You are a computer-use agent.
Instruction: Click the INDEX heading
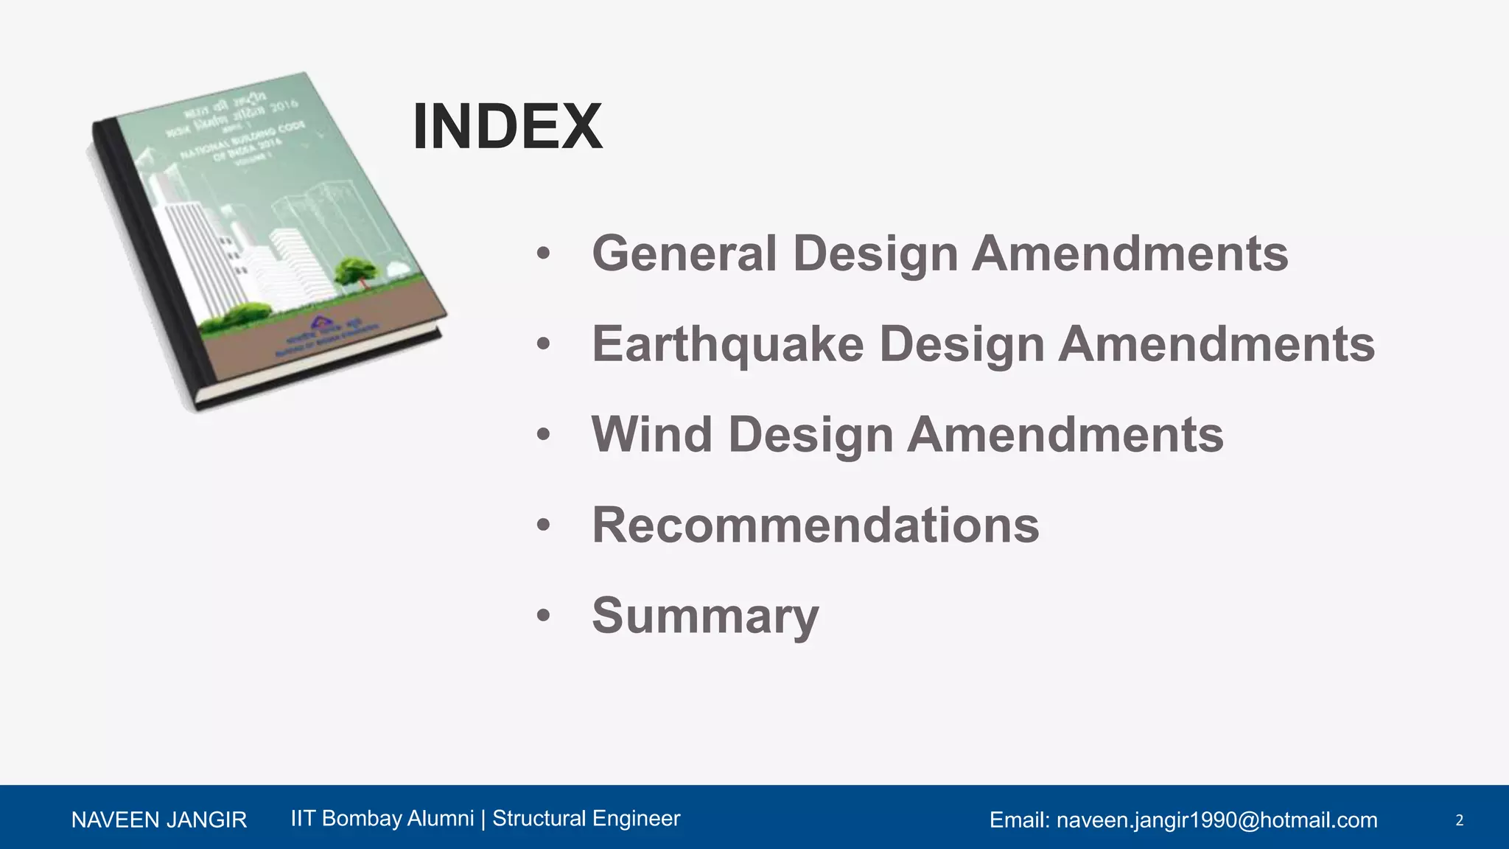click(508, 127)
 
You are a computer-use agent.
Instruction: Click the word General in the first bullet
click(684, 254)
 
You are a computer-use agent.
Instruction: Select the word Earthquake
click(727, 344)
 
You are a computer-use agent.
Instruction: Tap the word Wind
click(651, 435)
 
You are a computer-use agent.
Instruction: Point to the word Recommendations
click(815, 525)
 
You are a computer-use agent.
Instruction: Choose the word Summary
click(704, 616)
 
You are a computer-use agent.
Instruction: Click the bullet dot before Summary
click(544, 615)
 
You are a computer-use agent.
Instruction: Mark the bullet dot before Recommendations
click(544, 525)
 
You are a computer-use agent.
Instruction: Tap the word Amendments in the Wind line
click(1065, 435)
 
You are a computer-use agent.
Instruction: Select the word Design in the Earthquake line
click(962, 344)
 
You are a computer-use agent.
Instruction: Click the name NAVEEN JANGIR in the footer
click(158, 820)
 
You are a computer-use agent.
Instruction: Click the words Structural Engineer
click(586, 818)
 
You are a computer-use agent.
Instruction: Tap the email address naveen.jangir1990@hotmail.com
click(1216, 820)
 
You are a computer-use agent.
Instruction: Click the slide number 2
click(1459, 820)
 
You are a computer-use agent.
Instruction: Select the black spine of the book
click(151, 265)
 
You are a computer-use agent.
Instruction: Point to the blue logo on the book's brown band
click(318, 322)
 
